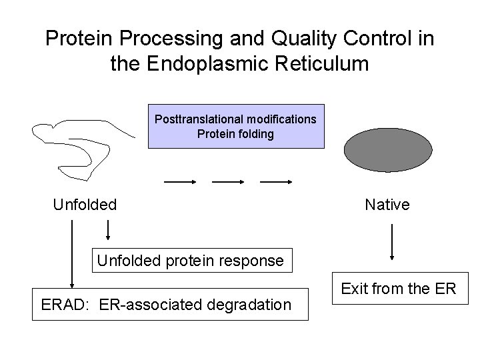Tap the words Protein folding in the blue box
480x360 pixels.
pos(235,133)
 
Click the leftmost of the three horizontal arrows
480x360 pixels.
pos(180,181)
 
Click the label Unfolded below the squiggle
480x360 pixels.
pos(85,205)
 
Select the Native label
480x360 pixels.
pos(387,205)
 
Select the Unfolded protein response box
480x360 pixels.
pos(191,261)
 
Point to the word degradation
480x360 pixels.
pos(252,305)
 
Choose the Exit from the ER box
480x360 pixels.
pos(399,289)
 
